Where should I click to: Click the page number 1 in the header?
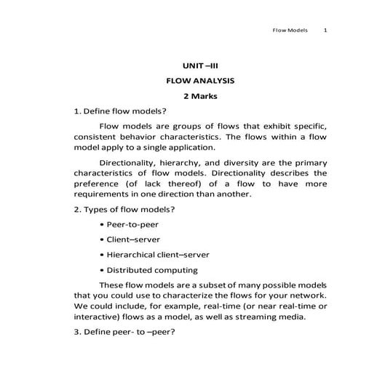point(325,31)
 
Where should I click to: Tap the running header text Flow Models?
point(290,31)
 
